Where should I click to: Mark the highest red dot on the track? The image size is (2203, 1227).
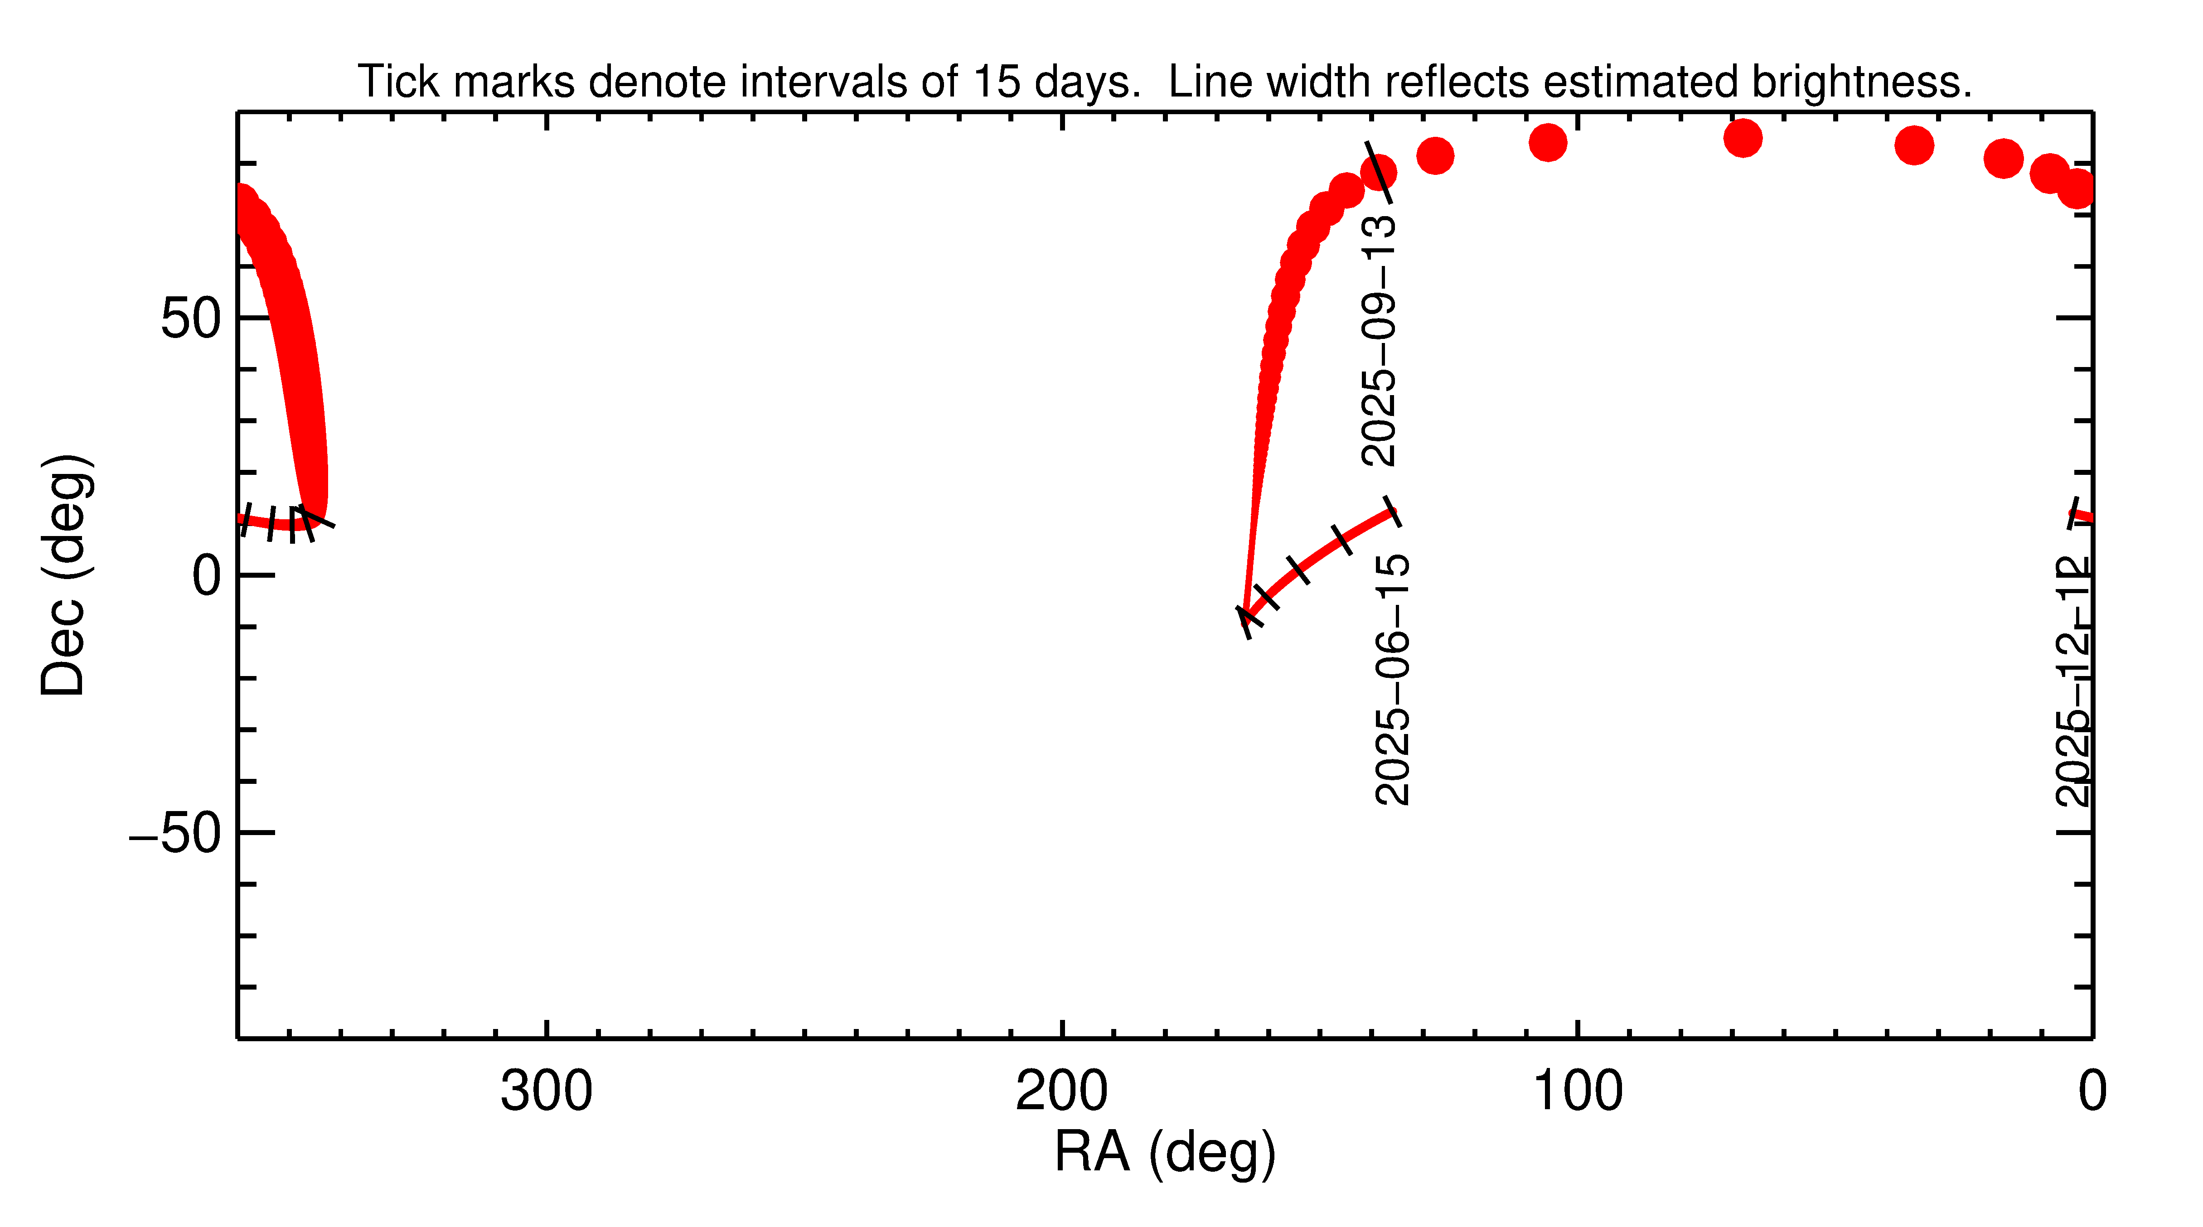coord(1742,138)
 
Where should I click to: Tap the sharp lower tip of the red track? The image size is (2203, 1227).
coord(1246,617)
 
